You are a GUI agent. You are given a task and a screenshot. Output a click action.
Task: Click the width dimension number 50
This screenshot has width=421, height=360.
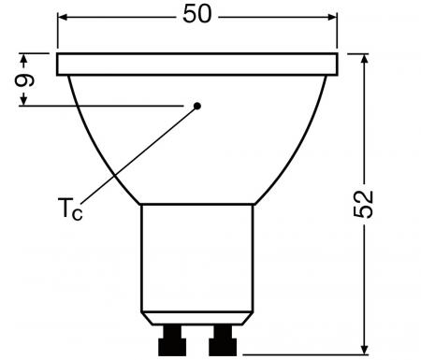(x=197, y=17)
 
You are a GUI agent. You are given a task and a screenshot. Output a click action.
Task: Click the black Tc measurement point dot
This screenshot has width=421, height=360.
(x=197, y=106)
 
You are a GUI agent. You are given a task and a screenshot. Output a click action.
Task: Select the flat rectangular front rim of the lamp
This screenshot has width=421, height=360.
(x=196, y=65)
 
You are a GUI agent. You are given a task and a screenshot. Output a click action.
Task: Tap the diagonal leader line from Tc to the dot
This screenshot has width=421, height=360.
(x=140, y=154)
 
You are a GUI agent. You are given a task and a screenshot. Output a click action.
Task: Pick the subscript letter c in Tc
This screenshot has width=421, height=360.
(x=78, y=213)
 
